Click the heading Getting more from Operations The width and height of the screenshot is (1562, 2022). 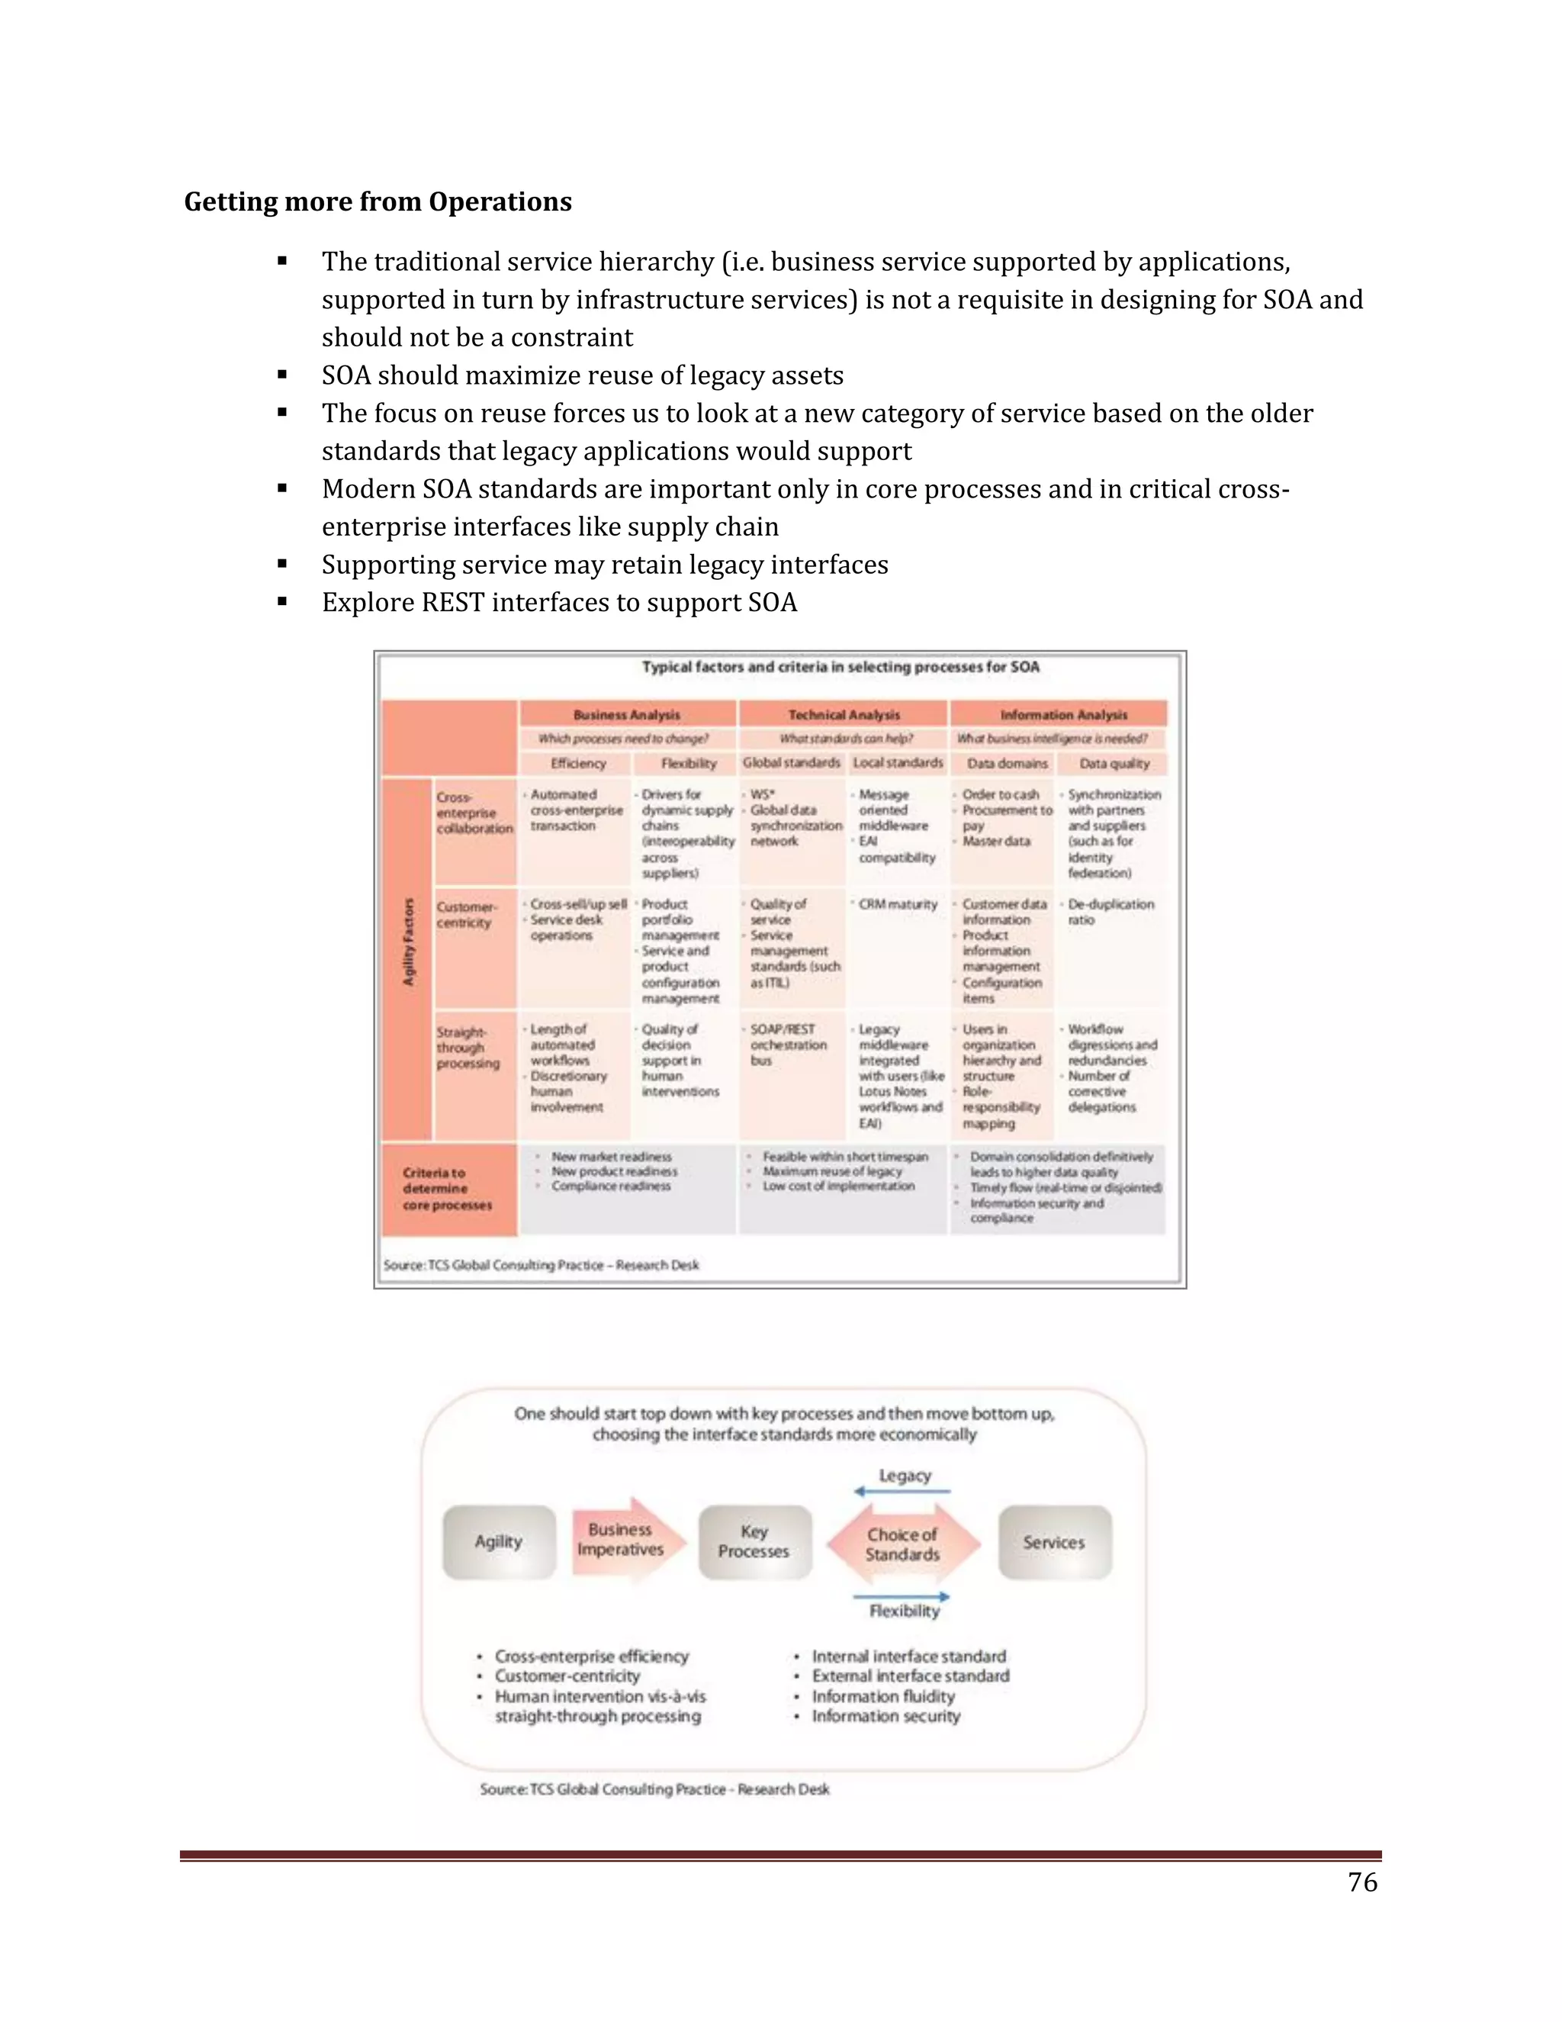pyautogui.click(x=378, y=202)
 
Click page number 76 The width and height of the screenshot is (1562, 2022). pyautogui.click(x=1362, y=1882)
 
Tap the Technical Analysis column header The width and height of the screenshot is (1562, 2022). pyautogui.click(x=843, y=715)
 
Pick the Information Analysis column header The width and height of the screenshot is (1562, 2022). pyautogui.click(x=1063, y=715)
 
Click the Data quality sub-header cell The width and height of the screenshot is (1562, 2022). pyautogui.click(x=1114, y=764)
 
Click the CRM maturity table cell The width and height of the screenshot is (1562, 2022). pyautogui.click(x=897, y=904)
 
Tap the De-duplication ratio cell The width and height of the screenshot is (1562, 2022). pyautogui.click(x=1110, y=912)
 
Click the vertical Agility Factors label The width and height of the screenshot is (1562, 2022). pyautogui.click(x=408, y=942)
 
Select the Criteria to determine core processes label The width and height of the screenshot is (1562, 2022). pyautogui.click(x=447, y=1189)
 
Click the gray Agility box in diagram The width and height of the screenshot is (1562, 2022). pyautogui.click(x=500, y=1541)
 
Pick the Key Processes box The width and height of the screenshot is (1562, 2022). pyautogui.click(x=754, y=1541)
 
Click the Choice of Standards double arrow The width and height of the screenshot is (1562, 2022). pyautogui.click(x=902, y=1544)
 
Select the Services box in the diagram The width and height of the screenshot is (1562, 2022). pyautogui.click(x=1054, y=1542)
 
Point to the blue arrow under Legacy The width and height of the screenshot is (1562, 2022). pyautogui.click(x=902, y=1492)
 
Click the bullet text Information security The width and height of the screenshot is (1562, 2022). pyautogui.click(x=885, y=1717)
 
